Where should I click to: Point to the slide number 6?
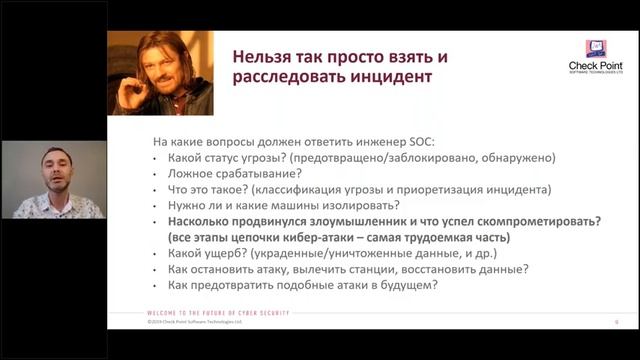point(616,322)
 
